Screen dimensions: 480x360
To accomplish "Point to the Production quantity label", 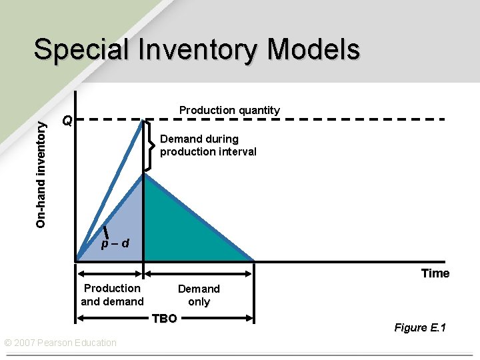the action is pos(229,110).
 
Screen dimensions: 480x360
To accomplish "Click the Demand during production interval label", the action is pos(208,145).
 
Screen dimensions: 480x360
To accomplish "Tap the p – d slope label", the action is pos(115,244).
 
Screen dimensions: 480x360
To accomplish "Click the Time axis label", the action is pos(435,273).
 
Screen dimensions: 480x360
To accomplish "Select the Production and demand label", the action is pos(112,295).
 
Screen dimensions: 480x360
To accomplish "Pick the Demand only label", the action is pos(199,295).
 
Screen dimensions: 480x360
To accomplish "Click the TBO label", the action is pos(164,319).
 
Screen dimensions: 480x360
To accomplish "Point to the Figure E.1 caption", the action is pos(420,327).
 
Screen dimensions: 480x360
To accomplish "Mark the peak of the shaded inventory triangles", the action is pos(144,175).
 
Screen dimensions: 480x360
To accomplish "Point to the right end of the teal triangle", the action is pos(253,259).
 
